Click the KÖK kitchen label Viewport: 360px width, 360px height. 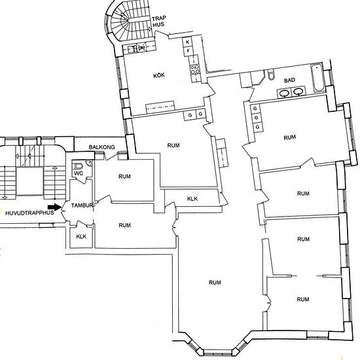pyautogui.click(x=159, y=75)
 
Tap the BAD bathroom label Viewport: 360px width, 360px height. pyautogui.click(x=289, y=81)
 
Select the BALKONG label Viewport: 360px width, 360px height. pyautogui.click(x=101, y=147)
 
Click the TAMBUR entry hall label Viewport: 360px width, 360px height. pyautogui.click(x=82, y=206)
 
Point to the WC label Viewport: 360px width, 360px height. pyautogui.click(x=79, y=173)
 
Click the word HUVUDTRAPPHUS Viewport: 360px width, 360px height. pyautogui.click(x=29, y=213)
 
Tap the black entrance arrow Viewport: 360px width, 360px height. pyautogui.click(x=54, y=207)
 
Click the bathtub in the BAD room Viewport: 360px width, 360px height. pyautogui.click(x=317, y=78)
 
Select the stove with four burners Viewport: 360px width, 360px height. pyautogui.click(x=195, y=69)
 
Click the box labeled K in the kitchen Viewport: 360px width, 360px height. pyautogui.click(x=188, y=42)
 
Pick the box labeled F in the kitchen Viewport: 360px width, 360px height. pyautogui.click(x=188, y=51)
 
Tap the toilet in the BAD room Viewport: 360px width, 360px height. pyautogui.click(x=271, y=74)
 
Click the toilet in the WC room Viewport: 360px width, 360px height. pyautogui.click(x=78, y=166)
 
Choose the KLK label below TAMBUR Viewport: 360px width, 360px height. pyautogui.click(x=81, y=236)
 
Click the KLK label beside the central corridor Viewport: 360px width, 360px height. pyautogui.click(x=192, y=198)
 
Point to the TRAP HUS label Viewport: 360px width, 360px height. pyautogui.click(x=158, y=22)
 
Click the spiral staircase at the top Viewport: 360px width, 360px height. pyautogui.click(x=128, y=21)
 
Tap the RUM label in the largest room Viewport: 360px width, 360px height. pyautogui.click(x=215, y=282)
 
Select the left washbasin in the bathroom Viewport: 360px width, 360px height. pyautogui.click(x=285, y=92)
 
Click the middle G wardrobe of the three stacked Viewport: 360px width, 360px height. pyautogui.click(x=256, y=118)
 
